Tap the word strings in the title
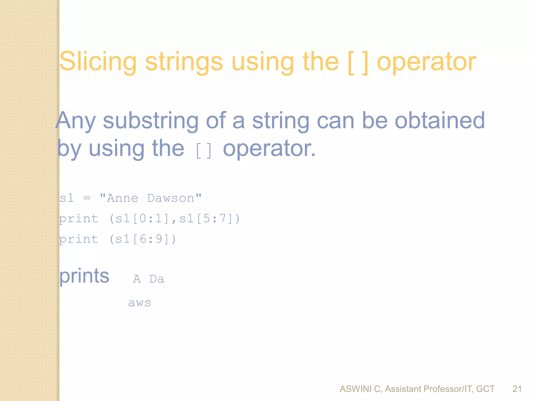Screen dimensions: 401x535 (x=184, y=62)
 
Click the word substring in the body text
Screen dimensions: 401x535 (x=151, y=121)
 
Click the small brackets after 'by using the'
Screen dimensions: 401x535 (x=203, y=151)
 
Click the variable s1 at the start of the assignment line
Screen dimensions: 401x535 (x=67, y=198)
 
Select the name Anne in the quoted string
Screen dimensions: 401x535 (x=123, y=198)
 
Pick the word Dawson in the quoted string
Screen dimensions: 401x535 (x=171, y=198)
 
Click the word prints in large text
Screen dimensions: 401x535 (x=84, y=276)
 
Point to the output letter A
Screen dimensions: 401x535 (x=137, y=279)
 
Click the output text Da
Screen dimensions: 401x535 (x=157, y=279)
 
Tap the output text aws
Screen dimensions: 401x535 (x=139, y=303)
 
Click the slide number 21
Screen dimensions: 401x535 (x=517, y=389)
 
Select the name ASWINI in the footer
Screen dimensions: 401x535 (x=356, y=389)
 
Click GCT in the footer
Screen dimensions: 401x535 (x=485, y=389)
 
